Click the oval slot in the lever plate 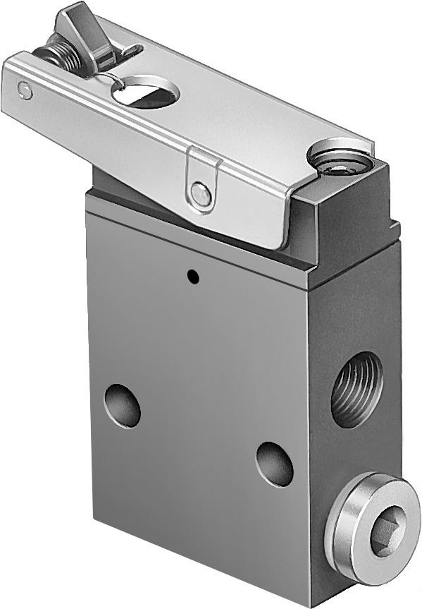coord(147,92)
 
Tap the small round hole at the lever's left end coord(25,90)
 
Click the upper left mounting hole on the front coord(123,406)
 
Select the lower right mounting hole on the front coord(275,464)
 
